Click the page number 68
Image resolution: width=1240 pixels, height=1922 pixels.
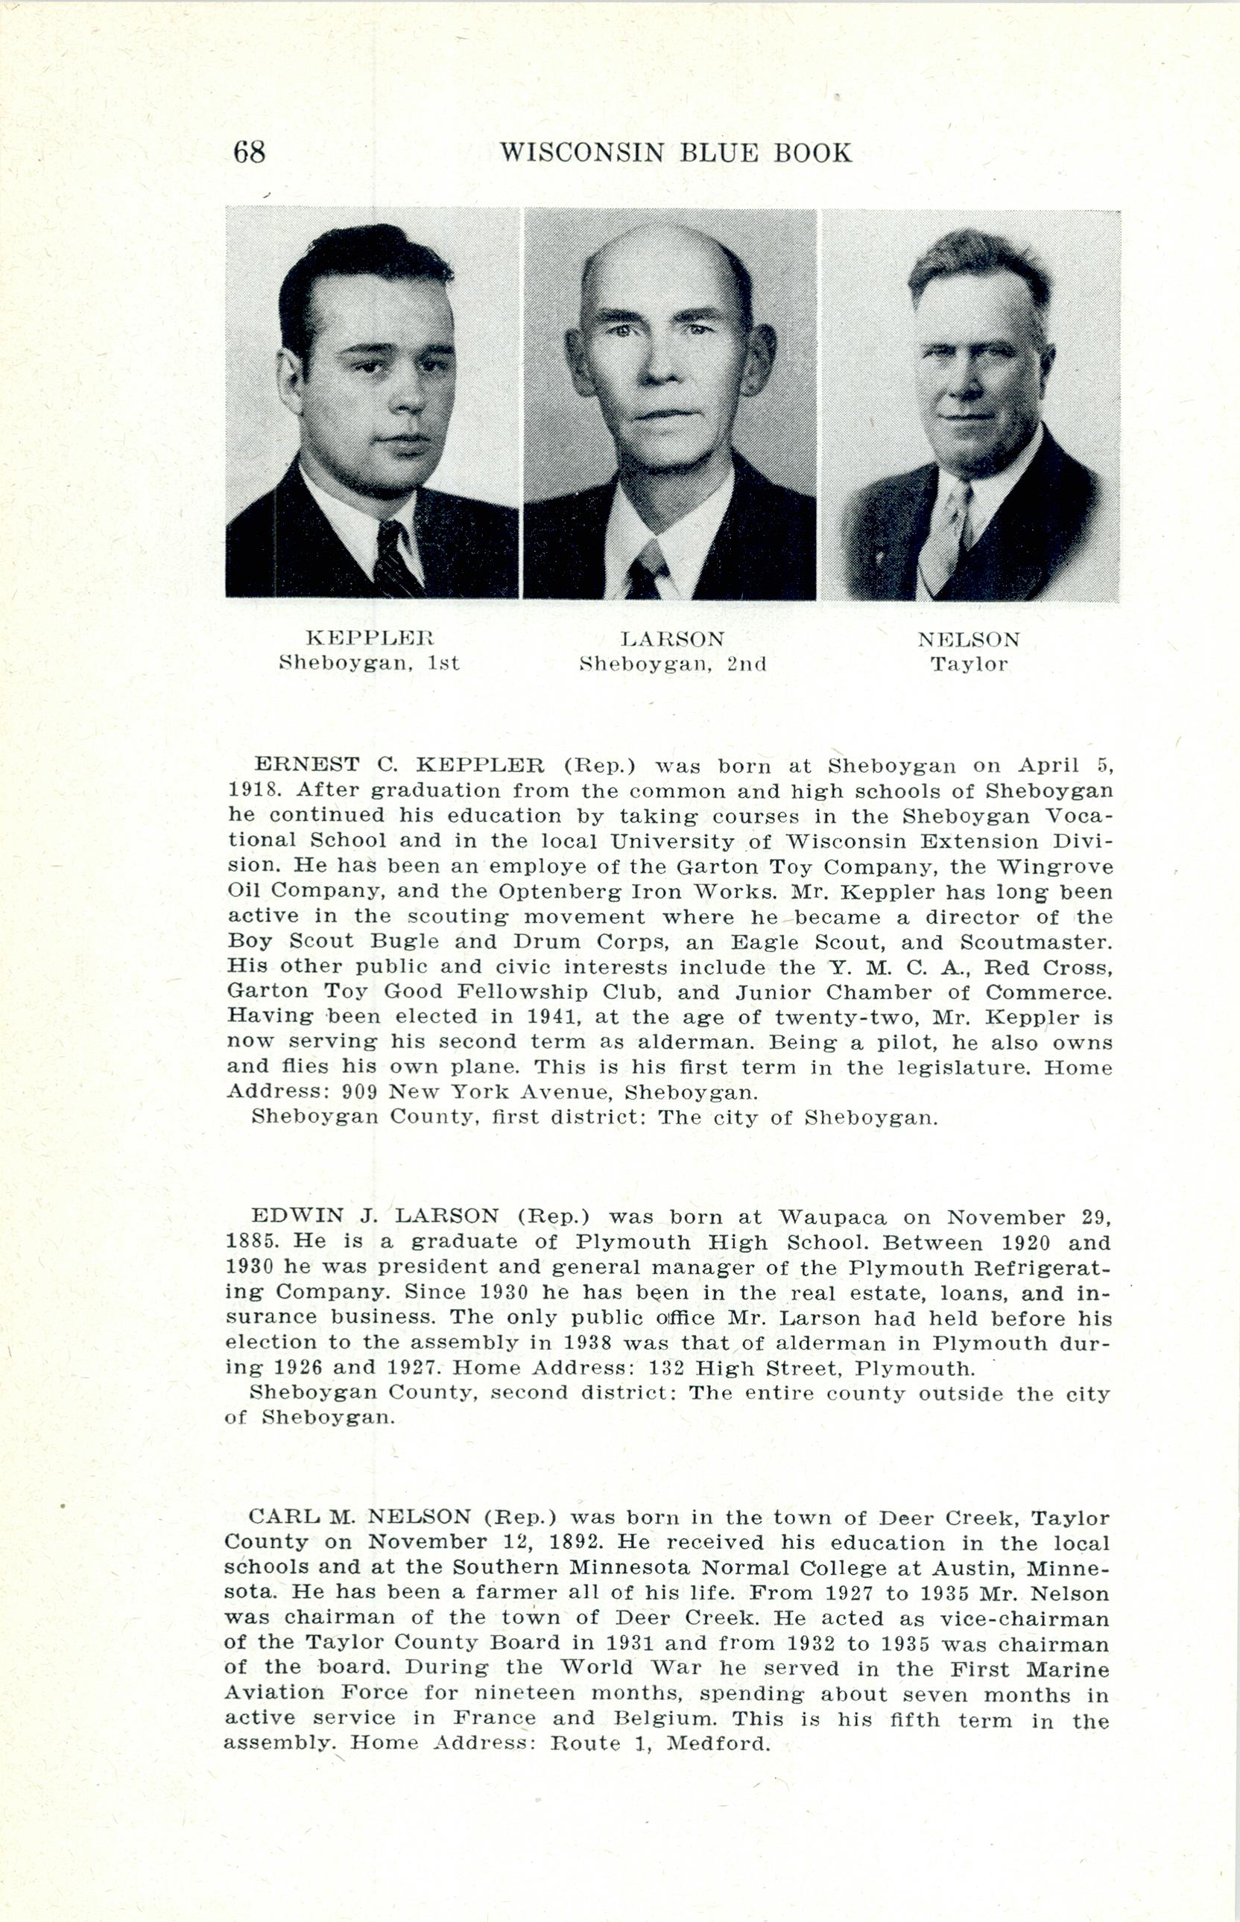tap(249, 151)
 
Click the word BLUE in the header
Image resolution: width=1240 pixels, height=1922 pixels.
tap(721, 152)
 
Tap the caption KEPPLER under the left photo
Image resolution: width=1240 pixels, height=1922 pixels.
tap(370, 639)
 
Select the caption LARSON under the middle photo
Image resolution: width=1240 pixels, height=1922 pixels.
tap(672, 640)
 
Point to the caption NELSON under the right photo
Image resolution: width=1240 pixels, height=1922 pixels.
tap(969, 641)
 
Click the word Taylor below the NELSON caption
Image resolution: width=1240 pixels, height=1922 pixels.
tap(969, 665)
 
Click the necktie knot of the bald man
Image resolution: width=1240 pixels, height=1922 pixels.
tap(648, 557)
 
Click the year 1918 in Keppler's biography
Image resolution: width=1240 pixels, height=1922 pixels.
tap(250, 790)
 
